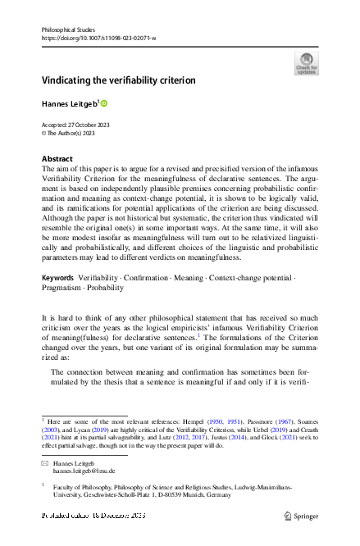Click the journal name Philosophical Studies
[67, 29]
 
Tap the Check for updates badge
[305, 63]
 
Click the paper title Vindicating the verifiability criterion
[119, 80]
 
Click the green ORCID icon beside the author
[104, 103]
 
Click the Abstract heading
[57, 158]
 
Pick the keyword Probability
[112, 289]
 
